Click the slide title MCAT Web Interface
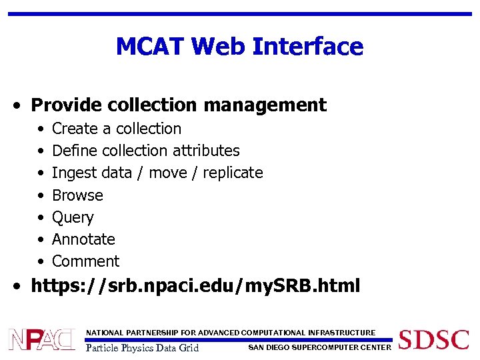(x=239, y=47)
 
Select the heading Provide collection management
(x=179, y=105)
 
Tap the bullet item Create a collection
(x=117, y=129)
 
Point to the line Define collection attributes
(x=145, y=151)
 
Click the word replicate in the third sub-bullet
(x=233, y=173)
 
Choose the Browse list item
(x=77, y=195)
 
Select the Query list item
(x=73, y=217)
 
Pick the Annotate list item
(x=83, y=239)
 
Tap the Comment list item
(x=85, y=261)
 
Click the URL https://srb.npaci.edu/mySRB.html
(x=195, y=287)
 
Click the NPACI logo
(x=41, y=339)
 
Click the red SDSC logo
(x=433, y=339)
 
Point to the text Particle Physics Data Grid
(x=143, y=347)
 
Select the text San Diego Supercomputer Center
(x=319, y=347)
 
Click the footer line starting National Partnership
(x=231, y=333)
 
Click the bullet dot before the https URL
(x=22, y=287)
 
